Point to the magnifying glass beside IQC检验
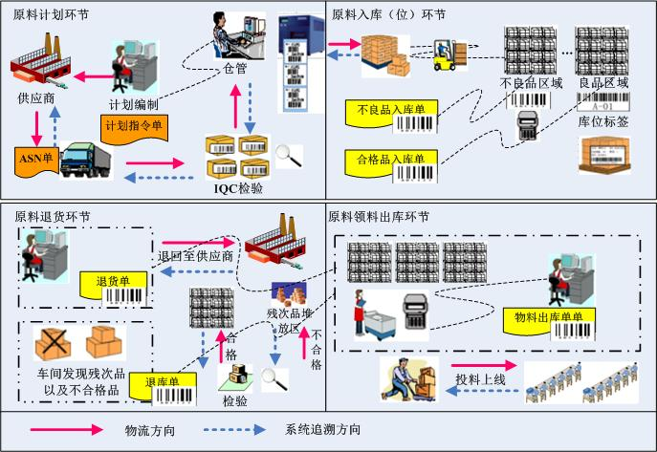tap(284, 152)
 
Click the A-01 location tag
tap(602, 97)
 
